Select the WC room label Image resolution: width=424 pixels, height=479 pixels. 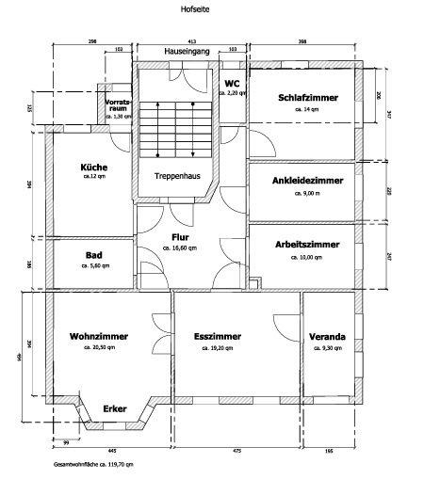[231, 83]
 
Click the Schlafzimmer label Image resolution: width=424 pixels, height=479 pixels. [307, 98]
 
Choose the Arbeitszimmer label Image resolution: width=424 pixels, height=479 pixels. [307, 244]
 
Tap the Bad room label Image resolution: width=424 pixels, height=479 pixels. [93, 254]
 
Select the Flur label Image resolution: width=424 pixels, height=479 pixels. [182, 237]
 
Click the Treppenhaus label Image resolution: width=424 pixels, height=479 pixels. [175, 175]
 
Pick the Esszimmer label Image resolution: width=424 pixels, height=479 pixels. [218, 336]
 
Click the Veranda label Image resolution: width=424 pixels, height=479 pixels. [327, 336]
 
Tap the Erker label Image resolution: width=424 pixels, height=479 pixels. [115, 409]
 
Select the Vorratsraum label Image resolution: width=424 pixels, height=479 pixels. [118, 104]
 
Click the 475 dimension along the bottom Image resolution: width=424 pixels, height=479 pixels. [237, 452]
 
